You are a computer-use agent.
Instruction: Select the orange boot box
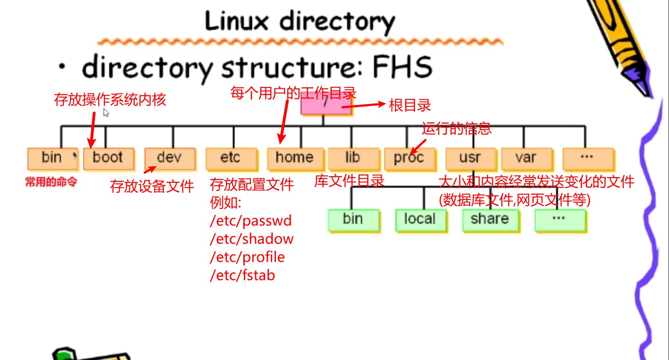[108, 158]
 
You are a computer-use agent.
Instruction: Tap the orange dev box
[170, 158]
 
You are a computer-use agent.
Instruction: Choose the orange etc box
[231, 158]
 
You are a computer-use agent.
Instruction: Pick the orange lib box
[353, 158]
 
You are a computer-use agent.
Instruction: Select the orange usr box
[470, 158]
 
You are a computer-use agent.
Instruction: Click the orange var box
[526, 158]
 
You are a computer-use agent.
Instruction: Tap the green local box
[420, 219]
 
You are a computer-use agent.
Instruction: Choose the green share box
[489, 219]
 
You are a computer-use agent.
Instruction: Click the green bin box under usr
[353, 219]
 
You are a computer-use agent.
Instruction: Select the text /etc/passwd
[251, 221]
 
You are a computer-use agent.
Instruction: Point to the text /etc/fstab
[242, 275]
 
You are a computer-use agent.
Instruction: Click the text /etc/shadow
[252, 239]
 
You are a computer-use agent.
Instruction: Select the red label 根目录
[410, 105]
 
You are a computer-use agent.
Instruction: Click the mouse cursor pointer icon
[106, 112]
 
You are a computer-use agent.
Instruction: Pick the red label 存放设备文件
[152, 186]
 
